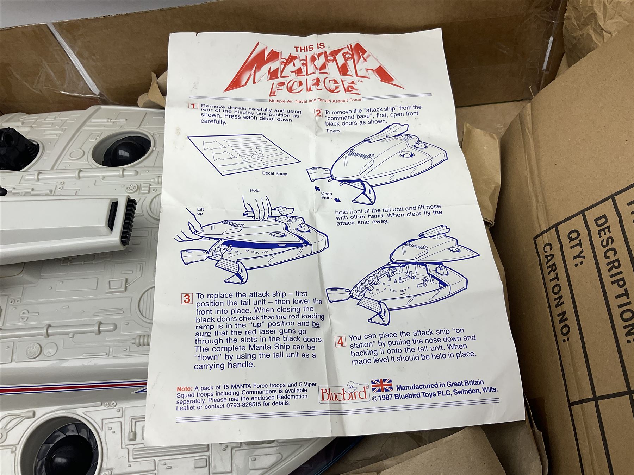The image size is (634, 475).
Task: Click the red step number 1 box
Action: pyautogui.click(x=193, y=107)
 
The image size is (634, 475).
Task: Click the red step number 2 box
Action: pyautogui.click(x=318, y=113)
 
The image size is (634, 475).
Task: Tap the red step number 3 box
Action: pyautogui.click(x=187, y=299)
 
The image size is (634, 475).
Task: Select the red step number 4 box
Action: pyautogui.click(x=340, y=342)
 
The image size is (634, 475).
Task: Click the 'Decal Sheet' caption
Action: pyautogui.click(x=275, y=173)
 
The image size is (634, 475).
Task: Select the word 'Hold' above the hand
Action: pyautogui.click(x=254, y=190)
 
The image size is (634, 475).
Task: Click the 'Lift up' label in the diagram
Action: pyautogui.click(x=200, y=211)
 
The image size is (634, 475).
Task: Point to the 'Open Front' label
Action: pyautogui.click(x=327, y=196)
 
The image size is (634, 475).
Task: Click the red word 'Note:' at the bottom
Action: pyautogui.click(x=185, y=389)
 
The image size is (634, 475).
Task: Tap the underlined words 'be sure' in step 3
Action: pyautogui.click(x=257, y=328)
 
